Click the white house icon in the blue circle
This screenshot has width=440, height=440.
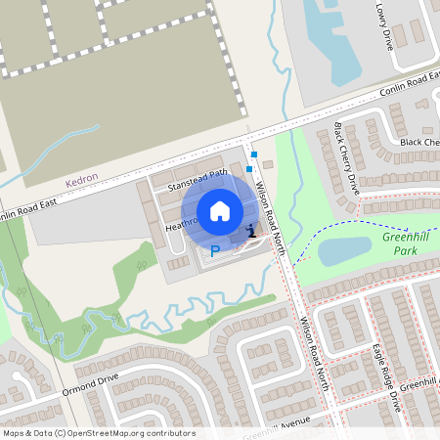click(x=220, y=211)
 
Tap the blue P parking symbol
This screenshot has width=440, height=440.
click(x=215, y=252)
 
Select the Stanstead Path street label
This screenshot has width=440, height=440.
click(x=198, y=179)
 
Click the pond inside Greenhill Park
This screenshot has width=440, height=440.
click(x=344, y=251)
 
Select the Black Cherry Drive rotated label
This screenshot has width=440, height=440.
click(x=346, y=158)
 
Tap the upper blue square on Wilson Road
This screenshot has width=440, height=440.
click(x=253, y=154)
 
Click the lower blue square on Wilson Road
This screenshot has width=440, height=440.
click(x=249, y=168)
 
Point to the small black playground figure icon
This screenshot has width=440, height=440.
click(x=252, y=231)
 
